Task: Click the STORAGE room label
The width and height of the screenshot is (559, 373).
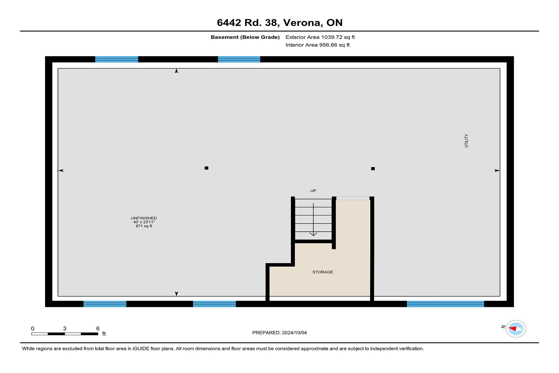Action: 323,272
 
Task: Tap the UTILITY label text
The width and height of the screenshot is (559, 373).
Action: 466,141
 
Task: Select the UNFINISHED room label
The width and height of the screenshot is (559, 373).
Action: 144,218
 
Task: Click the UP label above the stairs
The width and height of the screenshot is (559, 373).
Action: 313,191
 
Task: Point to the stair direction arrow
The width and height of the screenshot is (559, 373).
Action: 313,219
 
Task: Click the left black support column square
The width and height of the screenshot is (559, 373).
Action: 206,168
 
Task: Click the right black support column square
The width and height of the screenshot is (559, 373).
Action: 373,168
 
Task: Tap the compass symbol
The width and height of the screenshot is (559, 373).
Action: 516,329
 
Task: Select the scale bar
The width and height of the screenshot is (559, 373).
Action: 65,334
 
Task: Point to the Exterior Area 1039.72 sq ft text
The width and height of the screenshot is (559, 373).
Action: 320,37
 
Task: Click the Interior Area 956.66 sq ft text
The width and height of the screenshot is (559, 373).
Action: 318,45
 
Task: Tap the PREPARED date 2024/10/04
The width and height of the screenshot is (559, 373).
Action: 294,332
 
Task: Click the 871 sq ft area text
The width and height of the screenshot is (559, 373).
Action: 144,226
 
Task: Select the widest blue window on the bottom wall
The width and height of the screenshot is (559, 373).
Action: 445,304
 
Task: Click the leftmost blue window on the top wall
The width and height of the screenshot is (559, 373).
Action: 116,59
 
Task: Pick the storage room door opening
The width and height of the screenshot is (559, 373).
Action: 353,198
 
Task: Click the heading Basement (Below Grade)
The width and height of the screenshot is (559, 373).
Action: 245,37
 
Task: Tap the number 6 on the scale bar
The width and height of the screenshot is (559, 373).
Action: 98,328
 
